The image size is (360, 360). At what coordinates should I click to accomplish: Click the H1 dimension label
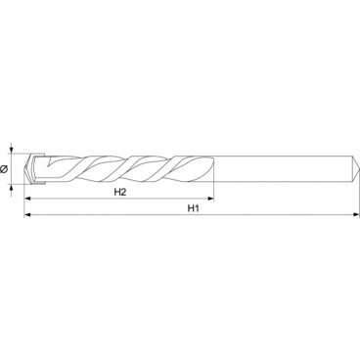point(193,209)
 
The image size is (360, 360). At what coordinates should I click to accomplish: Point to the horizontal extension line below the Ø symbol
point(22,185)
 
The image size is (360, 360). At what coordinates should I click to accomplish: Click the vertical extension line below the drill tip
point(25,201)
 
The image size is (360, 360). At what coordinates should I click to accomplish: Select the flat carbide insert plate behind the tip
point(38,167)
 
